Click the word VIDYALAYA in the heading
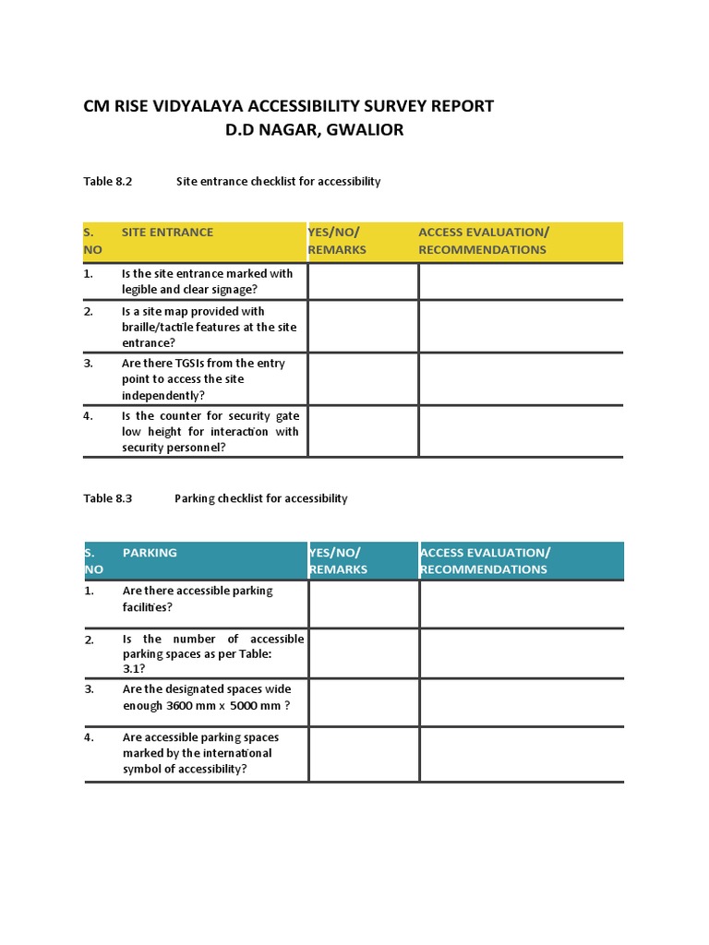coord(187,106)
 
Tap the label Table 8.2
coord(108,182)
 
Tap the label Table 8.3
coord(108,498)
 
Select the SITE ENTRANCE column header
coord(167,233)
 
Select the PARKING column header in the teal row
coord(150,553)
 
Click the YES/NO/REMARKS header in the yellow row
coord(337,241)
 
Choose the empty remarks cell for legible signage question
coord(363,281)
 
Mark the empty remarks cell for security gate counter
coord(363,431)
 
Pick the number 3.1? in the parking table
coord(134,669)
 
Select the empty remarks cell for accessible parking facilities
coord(364,604)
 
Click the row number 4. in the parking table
coord(90,737)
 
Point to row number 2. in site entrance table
coord(89,312)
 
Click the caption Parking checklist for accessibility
coord(261,498)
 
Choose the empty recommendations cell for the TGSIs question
coord(521,379)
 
